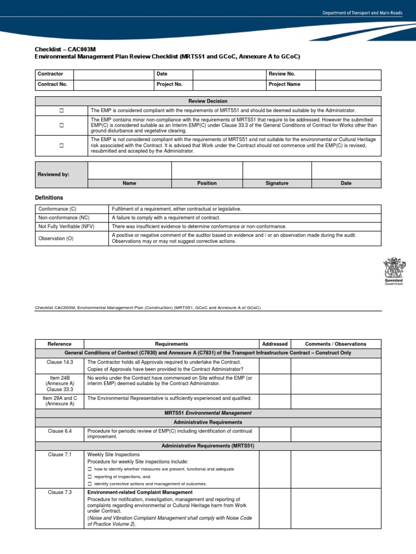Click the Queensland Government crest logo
(394, 273)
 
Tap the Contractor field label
(50, 74)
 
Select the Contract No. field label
(52, 84)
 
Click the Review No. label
(282, 74)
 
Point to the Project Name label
(284, 84)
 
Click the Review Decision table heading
(208, 101)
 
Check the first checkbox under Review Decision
(62, 110)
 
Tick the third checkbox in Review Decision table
(62, 146)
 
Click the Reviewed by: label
(54, 175)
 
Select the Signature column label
(277, 183)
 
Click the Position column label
(207, 183)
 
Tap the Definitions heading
(49, 198)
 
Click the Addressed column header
(275, 344)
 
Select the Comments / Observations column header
(335, 344)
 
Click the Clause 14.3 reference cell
(60, 361)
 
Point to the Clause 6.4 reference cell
(60, 431)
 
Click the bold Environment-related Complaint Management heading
(140, 492)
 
